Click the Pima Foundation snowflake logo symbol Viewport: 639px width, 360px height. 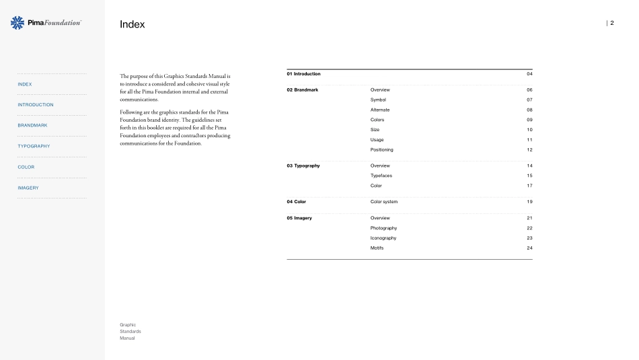pyautogui.click(x=18, y=23)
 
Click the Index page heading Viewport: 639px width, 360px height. pyautogui.click(x=132, y=25)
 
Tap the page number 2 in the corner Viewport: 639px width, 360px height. pyautogui.click(x=611, y=23)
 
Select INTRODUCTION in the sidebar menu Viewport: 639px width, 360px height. pyautogui.click(x=36, y=105)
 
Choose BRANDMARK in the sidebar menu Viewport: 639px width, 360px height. pyautogui.click(x=32, y=126)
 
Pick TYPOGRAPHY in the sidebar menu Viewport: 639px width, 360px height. pyautogui.click(x=34, y=146)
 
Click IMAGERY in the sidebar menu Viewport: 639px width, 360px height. pyautogui.click(x=28, y=188)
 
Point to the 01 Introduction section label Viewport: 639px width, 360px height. pyautogui.click(x=303, y=73)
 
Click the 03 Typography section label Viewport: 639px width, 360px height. pyautogui.click(x=303, y=166)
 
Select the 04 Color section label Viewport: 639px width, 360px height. pyautogui.click(x=296, y=202)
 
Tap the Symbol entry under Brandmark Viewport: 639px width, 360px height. pyautogui.click(x=378, y=100)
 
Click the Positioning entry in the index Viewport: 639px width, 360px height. pyautogui.click(x=381, y=149)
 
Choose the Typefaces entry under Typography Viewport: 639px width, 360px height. pyautogui.click(x=381, y=176)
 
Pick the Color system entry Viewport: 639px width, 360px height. pyautogui.click(x=383, y=202)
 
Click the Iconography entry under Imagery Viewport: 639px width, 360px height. pyautogui.click(x=383, y=238)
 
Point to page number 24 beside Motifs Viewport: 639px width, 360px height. pyautogui.click(x=529, y=248)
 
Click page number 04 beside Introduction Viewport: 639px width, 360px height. pyautogui.click(x=529, y=73)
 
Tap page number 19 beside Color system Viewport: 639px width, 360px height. pyautogui.click(x=529, y=202)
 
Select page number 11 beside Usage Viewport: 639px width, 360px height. pyautogui.click(x=529, y=139)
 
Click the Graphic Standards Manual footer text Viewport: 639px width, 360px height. pyautogui.click(x=130, y=331)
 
